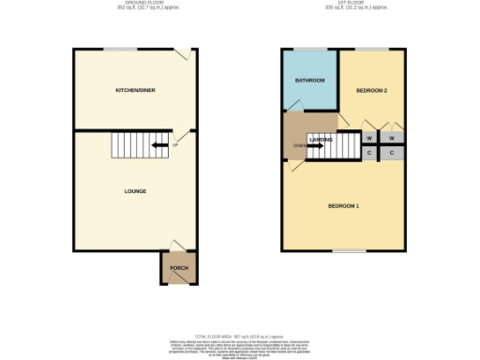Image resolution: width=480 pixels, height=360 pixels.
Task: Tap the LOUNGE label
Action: [135, 191]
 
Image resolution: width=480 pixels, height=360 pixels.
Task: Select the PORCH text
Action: [178, 268]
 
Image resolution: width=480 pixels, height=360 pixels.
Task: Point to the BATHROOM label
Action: [310, 81]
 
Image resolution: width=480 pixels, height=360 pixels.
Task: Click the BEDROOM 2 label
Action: [372, 90]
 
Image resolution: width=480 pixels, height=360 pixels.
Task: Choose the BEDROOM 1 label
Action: [343, 205]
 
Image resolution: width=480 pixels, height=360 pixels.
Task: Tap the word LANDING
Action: [322, 140]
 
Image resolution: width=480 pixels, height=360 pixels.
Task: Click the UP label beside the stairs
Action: [174, 144]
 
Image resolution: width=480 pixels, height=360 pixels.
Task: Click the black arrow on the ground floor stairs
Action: [147, 144]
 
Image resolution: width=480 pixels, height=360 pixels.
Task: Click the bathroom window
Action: [310, 49]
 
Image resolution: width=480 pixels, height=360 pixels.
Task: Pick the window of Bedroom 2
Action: [372, 49]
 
